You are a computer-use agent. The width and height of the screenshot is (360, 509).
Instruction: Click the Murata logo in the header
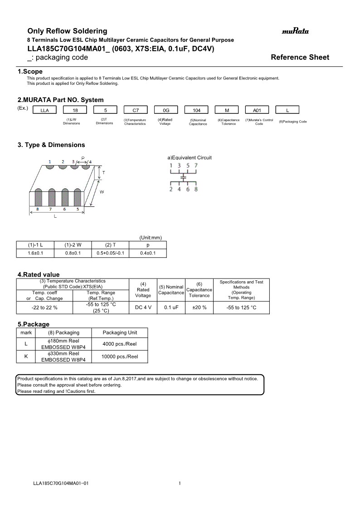[295, 31]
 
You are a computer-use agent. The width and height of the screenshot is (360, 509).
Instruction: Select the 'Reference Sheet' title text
[300, 57]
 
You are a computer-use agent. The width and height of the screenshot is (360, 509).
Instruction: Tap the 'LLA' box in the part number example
[44, 110]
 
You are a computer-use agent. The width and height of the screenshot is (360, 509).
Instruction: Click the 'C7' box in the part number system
[135, 110]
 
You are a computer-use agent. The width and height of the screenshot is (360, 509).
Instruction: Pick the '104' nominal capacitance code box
[196, 110]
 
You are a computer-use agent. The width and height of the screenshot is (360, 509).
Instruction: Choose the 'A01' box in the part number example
[257, 110]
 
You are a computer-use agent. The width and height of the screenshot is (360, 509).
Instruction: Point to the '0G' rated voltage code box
[166, 110]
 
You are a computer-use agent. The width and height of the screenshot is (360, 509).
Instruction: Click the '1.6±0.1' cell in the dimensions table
[35, 253]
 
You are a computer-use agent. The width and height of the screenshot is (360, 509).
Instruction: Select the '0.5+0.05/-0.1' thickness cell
[110, 253]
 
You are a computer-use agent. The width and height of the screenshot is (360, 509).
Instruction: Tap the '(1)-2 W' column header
[73, 245]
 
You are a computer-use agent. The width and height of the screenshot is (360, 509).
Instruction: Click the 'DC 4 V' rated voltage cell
[143, 307]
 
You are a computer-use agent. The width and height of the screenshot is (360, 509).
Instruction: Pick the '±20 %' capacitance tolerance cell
[199, 307]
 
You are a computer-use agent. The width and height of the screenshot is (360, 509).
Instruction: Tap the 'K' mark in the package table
[26, 357]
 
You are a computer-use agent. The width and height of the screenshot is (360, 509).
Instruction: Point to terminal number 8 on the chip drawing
[38, 209]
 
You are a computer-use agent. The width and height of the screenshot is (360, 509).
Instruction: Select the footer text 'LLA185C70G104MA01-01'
[61, 483]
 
